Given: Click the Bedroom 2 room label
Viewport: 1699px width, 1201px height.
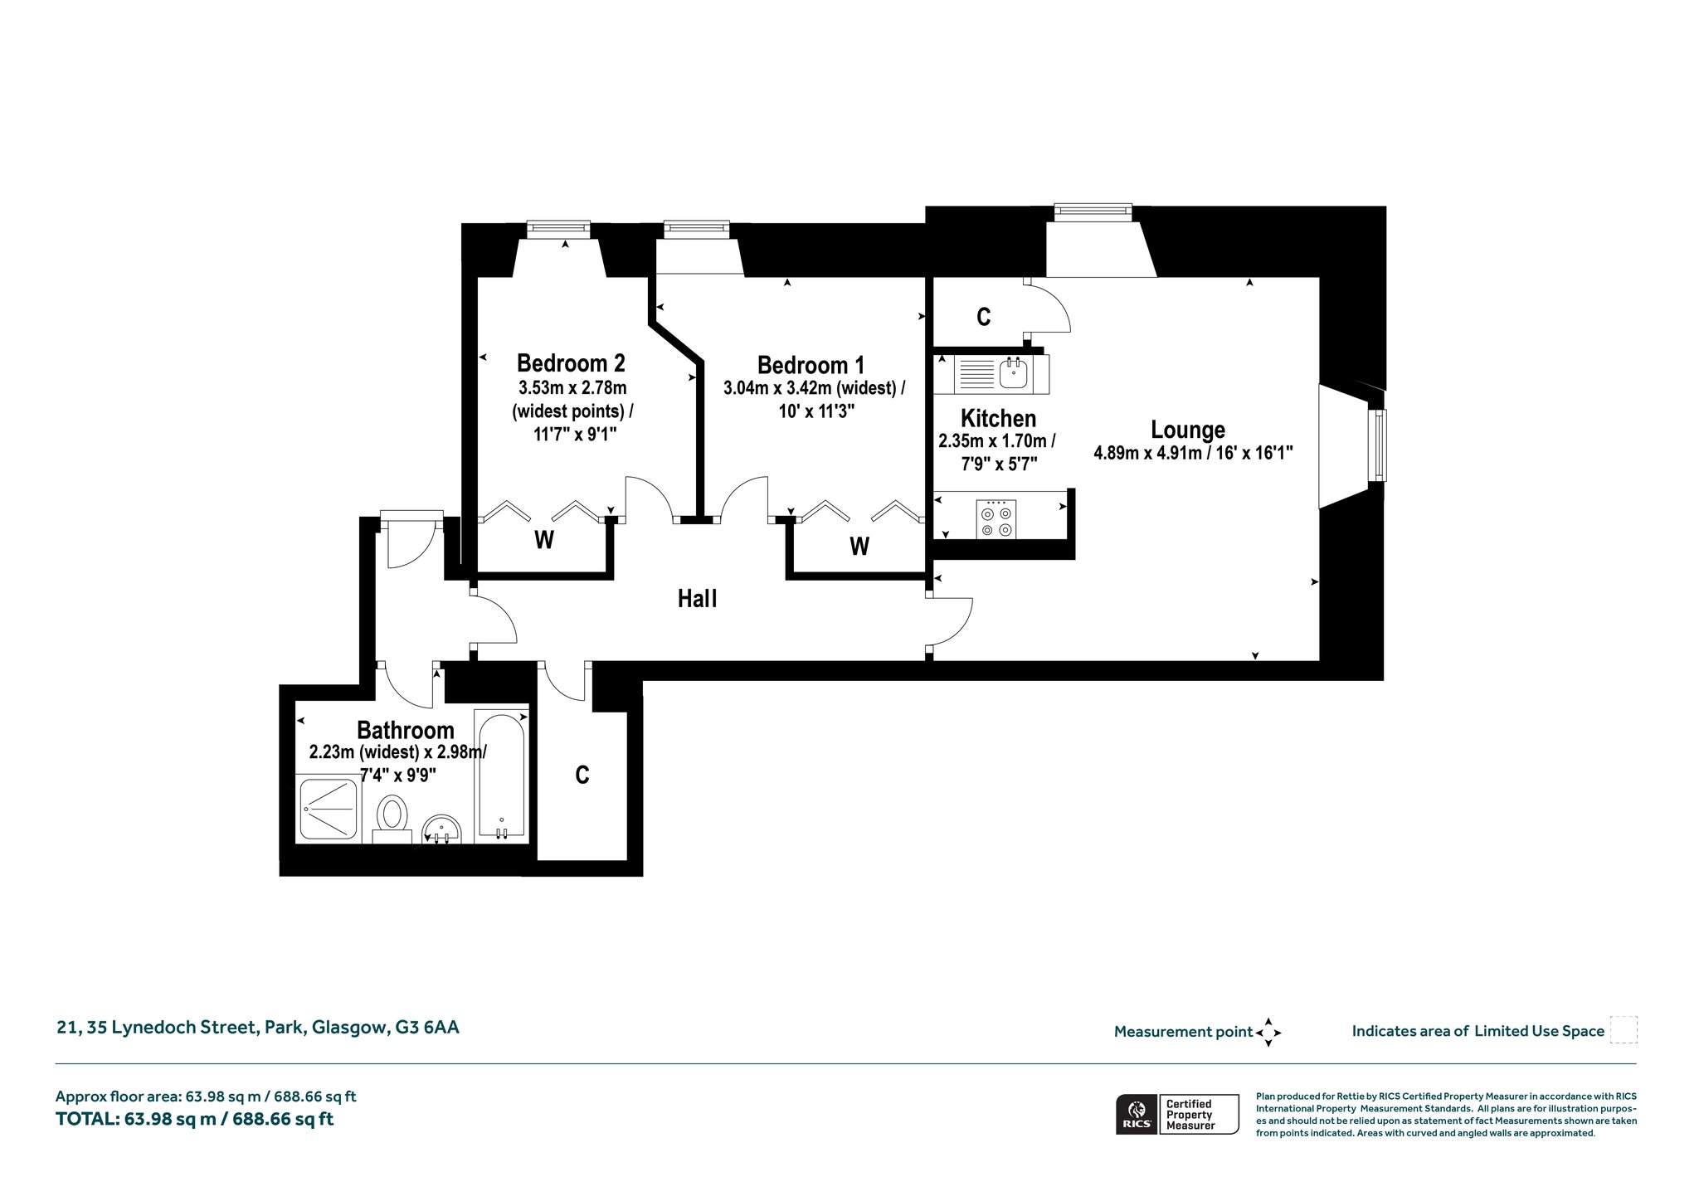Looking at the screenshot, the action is (x=571, y=363).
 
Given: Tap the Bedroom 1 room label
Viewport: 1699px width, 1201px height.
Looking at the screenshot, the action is (x=811, y=365).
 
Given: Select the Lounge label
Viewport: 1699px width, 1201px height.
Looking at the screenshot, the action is (x=1188, y=430).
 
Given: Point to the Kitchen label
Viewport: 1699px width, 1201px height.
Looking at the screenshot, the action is (x=998, y=418).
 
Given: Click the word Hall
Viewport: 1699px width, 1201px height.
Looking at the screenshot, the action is (x=697, y=599).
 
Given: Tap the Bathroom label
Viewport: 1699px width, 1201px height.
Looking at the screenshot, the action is (x=406, y=731).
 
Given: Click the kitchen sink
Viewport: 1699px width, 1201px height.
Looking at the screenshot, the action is (x=1013, y=374).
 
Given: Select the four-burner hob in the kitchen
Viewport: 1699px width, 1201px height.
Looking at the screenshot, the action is (x=996, y=518).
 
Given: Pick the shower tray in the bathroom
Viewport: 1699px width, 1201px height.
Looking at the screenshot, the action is (x=329, y=809).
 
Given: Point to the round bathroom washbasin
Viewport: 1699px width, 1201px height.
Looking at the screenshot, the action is (x=441, y=829).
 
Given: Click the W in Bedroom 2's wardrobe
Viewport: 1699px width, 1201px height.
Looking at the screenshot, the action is (x=544, y=541).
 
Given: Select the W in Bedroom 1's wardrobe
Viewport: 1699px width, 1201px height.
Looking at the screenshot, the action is (x=859, y=547).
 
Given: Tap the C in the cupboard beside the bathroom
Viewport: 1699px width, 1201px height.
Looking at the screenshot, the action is (x=582, y=775).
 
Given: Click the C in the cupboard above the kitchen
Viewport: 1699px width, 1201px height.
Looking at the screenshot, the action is (x=983, y=317).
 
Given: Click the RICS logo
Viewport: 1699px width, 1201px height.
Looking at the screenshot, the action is (x=1135, y=1114).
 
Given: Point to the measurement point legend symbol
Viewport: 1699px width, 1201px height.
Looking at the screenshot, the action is (x=1268, y=1033).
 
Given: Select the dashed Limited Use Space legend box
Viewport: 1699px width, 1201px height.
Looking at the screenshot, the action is (x=1624, y=1029).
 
